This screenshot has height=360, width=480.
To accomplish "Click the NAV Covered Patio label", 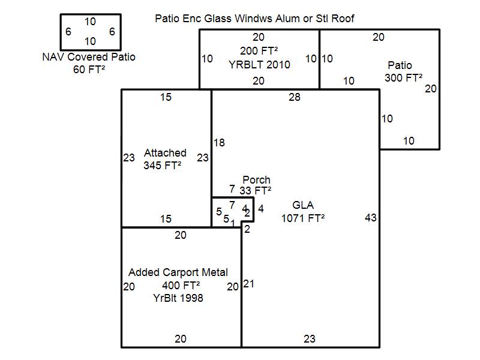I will [x=89, y=58].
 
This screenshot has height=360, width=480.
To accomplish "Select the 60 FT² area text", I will [x=89, y=69].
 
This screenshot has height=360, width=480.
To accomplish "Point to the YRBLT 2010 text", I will [x=259, y=64].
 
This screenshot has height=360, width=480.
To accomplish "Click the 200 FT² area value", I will [x=259, y=50].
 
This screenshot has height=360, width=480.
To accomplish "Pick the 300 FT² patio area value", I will [x=404, y=78].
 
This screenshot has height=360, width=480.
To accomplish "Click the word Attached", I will [x=165, y=153].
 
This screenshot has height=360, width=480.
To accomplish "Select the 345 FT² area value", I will [x=163, y=166].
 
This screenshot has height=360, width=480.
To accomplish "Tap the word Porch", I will [x=256, y=180].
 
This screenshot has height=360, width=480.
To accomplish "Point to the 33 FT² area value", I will [x=256, y=191].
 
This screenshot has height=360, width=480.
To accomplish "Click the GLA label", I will [x=303, y=205].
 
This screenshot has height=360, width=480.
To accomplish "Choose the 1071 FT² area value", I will [x=303, y=218].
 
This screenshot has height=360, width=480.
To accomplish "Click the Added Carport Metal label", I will [x=178, y=272].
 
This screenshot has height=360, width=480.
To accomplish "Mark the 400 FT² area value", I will [x=181, y=285].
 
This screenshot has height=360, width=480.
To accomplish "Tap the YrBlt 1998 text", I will [x=178, y=298].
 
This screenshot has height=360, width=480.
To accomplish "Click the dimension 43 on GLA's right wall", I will [x=371, y=218].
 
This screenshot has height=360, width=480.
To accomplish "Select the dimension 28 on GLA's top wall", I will [x=294, y=97].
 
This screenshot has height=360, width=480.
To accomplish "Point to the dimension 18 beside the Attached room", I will [x=219, y=143].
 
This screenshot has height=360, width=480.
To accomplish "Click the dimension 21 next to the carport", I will [x=248, y=284].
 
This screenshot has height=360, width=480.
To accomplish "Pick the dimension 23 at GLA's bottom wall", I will [x=309, y=339].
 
